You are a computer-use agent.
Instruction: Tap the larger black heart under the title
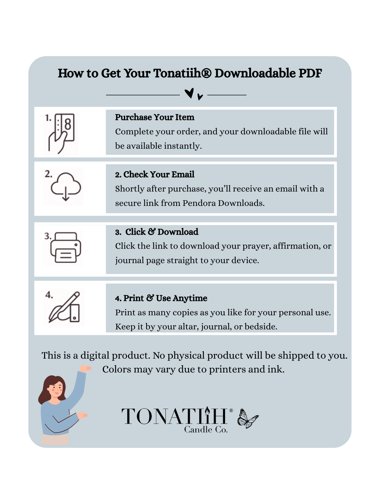[x=189, y=93]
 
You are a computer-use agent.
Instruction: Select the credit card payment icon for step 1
[x=61, y=134]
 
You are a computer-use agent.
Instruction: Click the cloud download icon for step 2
[x=66, y=187]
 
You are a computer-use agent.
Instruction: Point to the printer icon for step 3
[x=65, y=248]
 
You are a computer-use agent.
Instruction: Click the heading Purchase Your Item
[x=155, y=117]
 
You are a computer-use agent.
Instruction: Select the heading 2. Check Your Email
[x=155, y=174]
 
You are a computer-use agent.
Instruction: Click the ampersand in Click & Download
[x=151, y=231]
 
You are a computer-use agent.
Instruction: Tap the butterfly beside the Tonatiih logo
[x=248, y=418]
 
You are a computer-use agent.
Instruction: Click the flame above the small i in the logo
[x=207, y=410]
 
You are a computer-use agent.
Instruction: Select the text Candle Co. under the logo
[x=206, y=429]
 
